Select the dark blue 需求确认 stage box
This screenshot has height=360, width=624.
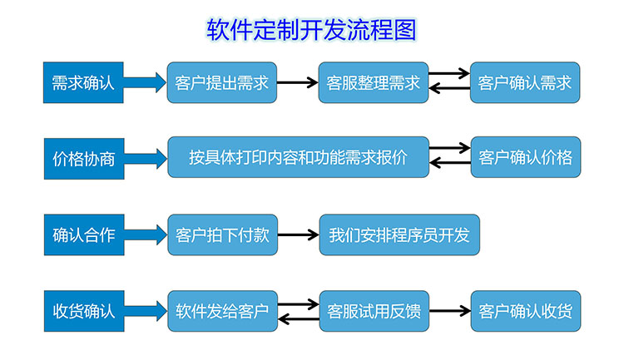(x=83, y=81)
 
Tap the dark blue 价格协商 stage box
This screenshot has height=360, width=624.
(x=83, y=157)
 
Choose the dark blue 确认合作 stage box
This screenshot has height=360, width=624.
(x=83, y=234)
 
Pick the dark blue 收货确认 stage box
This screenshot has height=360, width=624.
(x=83, y=312)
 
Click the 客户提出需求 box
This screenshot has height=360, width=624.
(x=221, y=82)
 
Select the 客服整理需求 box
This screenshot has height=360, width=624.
(x=373, y=82)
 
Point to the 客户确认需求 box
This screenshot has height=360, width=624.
(x=525, y=82)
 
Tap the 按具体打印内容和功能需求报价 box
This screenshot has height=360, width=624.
(x=298, y=157)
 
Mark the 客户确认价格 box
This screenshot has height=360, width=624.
(x=525, y=157)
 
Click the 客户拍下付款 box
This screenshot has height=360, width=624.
(x=221, y=234)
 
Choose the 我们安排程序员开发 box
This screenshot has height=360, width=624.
(x=399, y=234)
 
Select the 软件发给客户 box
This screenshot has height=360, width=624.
(x=221, y=312)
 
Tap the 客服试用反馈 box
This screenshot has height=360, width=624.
(x=373, y=312)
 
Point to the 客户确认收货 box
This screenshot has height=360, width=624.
(x=525, y=312)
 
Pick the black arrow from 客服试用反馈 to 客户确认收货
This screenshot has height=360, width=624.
(x=449, y=312)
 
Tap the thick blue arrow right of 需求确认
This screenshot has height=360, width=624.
(x=146, y=81)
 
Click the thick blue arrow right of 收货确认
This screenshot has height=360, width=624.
(x=146, y=312)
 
